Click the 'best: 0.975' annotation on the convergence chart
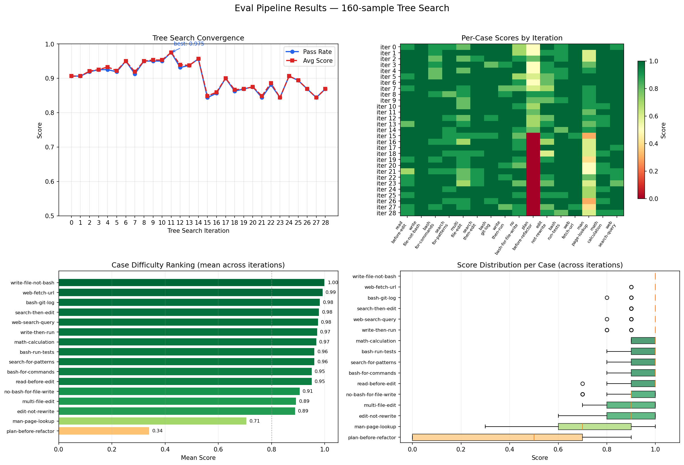point(189,44)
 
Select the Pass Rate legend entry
point(317,52)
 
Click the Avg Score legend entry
point(317,61)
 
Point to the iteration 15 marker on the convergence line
point(208,97)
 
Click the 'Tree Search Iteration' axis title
point(198,231)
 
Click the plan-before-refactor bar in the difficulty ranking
point(104,431)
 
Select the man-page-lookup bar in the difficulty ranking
point(153,421)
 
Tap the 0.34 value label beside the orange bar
point(157,431)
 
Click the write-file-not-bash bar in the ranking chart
point(191,283)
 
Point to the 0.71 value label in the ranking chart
point(255,421)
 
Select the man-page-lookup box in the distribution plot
point(594,427)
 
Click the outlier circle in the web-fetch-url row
point(631,287)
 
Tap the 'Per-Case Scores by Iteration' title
point(512,38)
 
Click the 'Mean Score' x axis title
point(198,458)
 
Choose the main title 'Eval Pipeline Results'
point(342,8)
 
